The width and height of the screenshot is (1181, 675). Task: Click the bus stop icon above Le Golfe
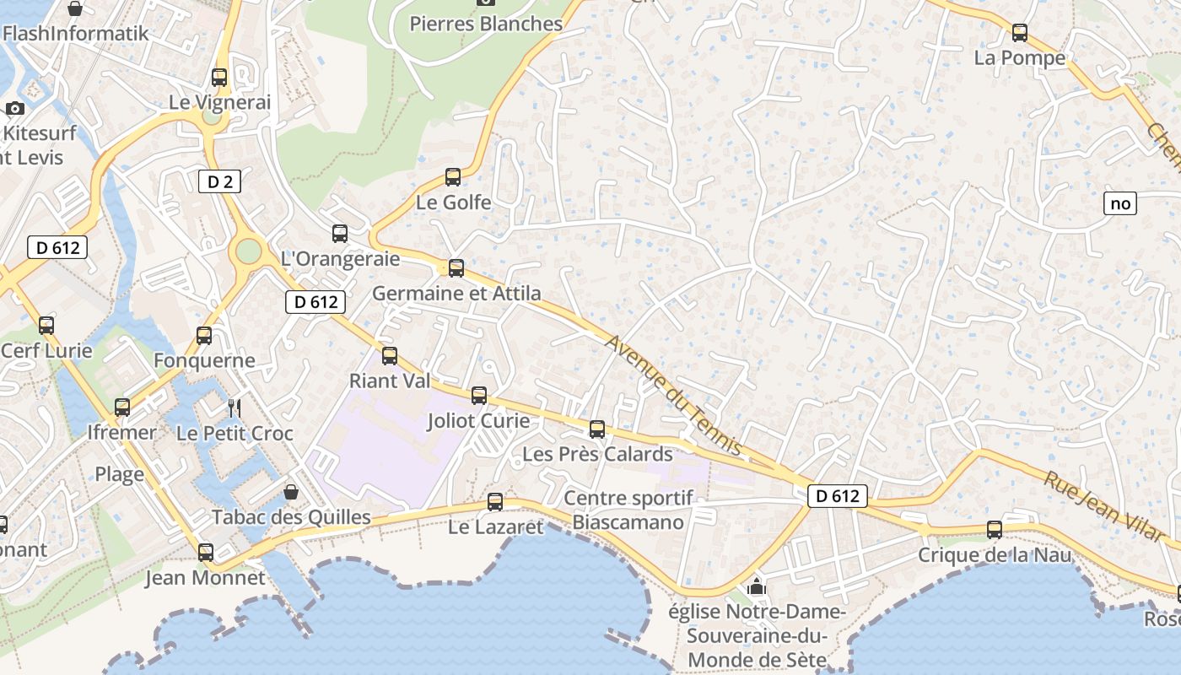(453, 177)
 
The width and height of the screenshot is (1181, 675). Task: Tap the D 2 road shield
(219, 181)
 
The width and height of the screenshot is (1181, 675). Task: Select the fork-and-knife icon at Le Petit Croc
(235, 408)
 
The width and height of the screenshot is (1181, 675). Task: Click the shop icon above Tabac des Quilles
(291, 491)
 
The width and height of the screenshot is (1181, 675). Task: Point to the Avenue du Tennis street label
(672, 395)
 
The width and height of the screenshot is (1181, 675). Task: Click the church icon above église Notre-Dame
(757, 586)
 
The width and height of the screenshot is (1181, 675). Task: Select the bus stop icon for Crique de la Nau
(995, 530)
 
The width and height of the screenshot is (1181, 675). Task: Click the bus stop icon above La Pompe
(1020, 33)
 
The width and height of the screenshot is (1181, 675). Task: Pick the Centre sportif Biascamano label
(628, 510)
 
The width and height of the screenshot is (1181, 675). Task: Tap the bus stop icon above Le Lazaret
(495, 502)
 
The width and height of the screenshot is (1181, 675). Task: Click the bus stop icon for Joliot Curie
(479, 395)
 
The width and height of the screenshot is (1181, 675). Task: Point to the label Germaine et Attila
(456, 294)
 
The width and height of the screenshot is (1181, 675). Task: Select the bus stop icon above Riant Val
(390, 356)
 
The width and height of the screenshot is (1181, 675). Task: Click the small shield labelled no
(1120, 203)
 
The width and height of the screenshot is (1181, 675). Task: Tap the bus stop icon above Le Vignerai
(219, 78)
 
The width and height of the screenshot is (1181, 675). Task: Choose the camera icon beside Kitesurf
(14, 109)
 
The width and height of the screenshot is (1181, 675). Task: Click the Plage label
(119, 474)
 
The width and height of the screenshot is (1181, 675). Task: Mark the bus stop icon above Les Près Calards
(597, 429)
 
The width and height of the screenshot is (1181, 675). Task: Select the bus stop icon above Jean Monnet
(205, 553)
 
